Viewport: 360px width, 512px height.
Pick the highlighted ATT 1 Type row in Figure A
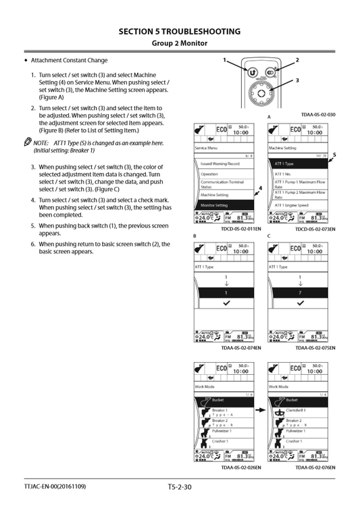tap(299, 163)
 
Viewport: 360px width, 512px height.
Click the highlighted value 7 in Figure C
tap(299, 293)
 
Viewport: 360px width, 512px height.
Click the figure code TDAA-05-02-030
tap(317, 115)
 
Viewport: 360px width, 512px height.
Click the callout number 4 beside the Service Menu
tap(260, 187)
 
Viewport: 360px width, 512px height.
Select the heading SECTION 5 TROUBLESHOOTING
tap(179, 31)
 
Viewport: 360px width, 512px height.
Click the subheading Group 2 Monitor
tap(179, 44)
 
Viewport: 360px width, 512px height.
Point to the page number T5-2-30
tap(179, 486)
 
